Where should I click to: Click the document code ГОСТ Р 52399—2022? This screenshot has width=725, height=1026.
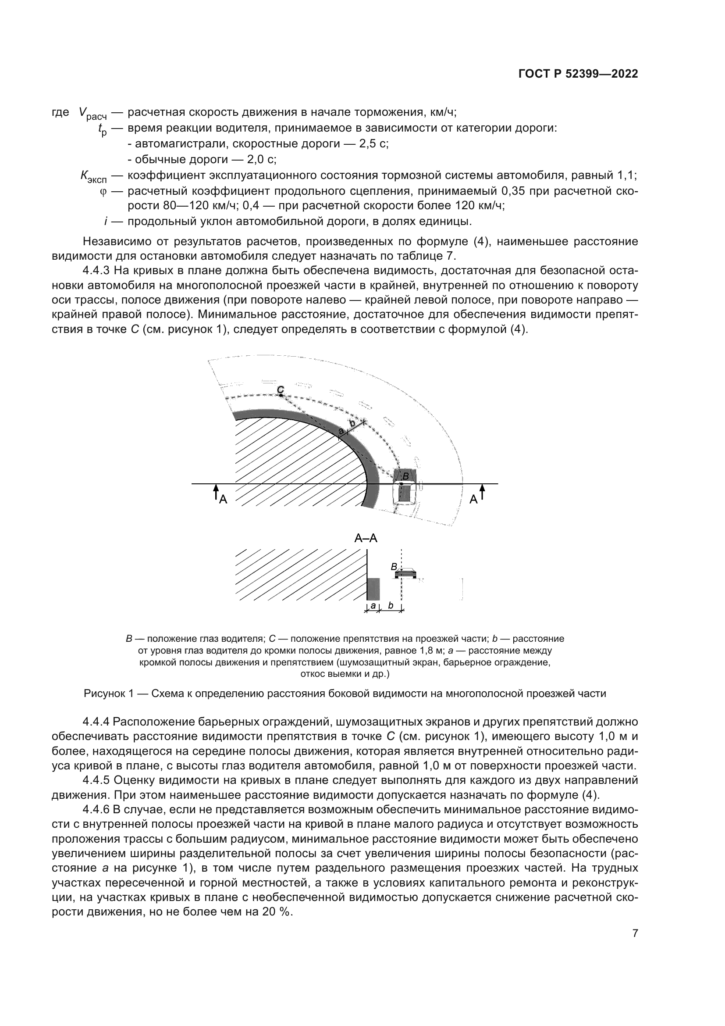point(578,74)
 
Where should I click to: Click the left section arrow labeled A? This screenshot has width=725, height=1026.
point(216,493)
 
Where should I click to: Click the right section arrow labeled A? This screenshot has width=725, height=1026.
point(482,493)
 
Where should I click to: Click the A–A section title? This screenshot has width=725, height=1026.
point(366,538)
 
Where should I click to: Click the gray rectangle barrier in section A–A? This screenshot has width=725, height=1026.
point(373,589)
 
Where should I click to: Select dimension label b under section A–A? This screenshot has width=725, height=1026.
point(391,606)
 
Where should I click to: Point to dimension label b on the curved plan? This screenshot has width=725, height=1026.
point(352,423)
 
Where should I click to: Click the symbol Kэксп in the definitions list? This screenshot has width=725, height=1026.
point(93,176)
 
